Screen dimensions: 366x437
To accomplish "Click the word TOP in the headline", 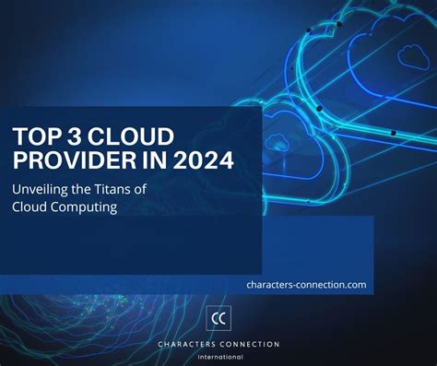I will coord(34,136).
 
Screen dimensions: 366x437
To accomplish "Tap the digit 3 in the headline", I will coord(75,136).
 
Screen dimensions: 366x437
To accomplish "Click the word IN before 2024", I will coord(144,161).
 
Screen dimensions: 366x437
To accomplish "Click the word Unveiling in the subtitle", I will coord(43,190).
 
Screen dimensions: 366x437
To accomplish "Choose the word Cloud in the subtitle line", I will coord(30,207).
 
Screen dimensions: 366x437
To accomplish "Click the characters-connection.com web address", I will coord(306,285).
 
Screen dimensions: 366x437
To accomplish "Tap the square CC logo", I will coord(218,319).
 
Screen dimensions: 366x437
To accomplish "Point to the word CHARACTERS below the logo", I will coord(189,344).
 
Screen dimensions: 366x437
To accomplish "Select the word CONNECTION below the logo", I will coord(250,344).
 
